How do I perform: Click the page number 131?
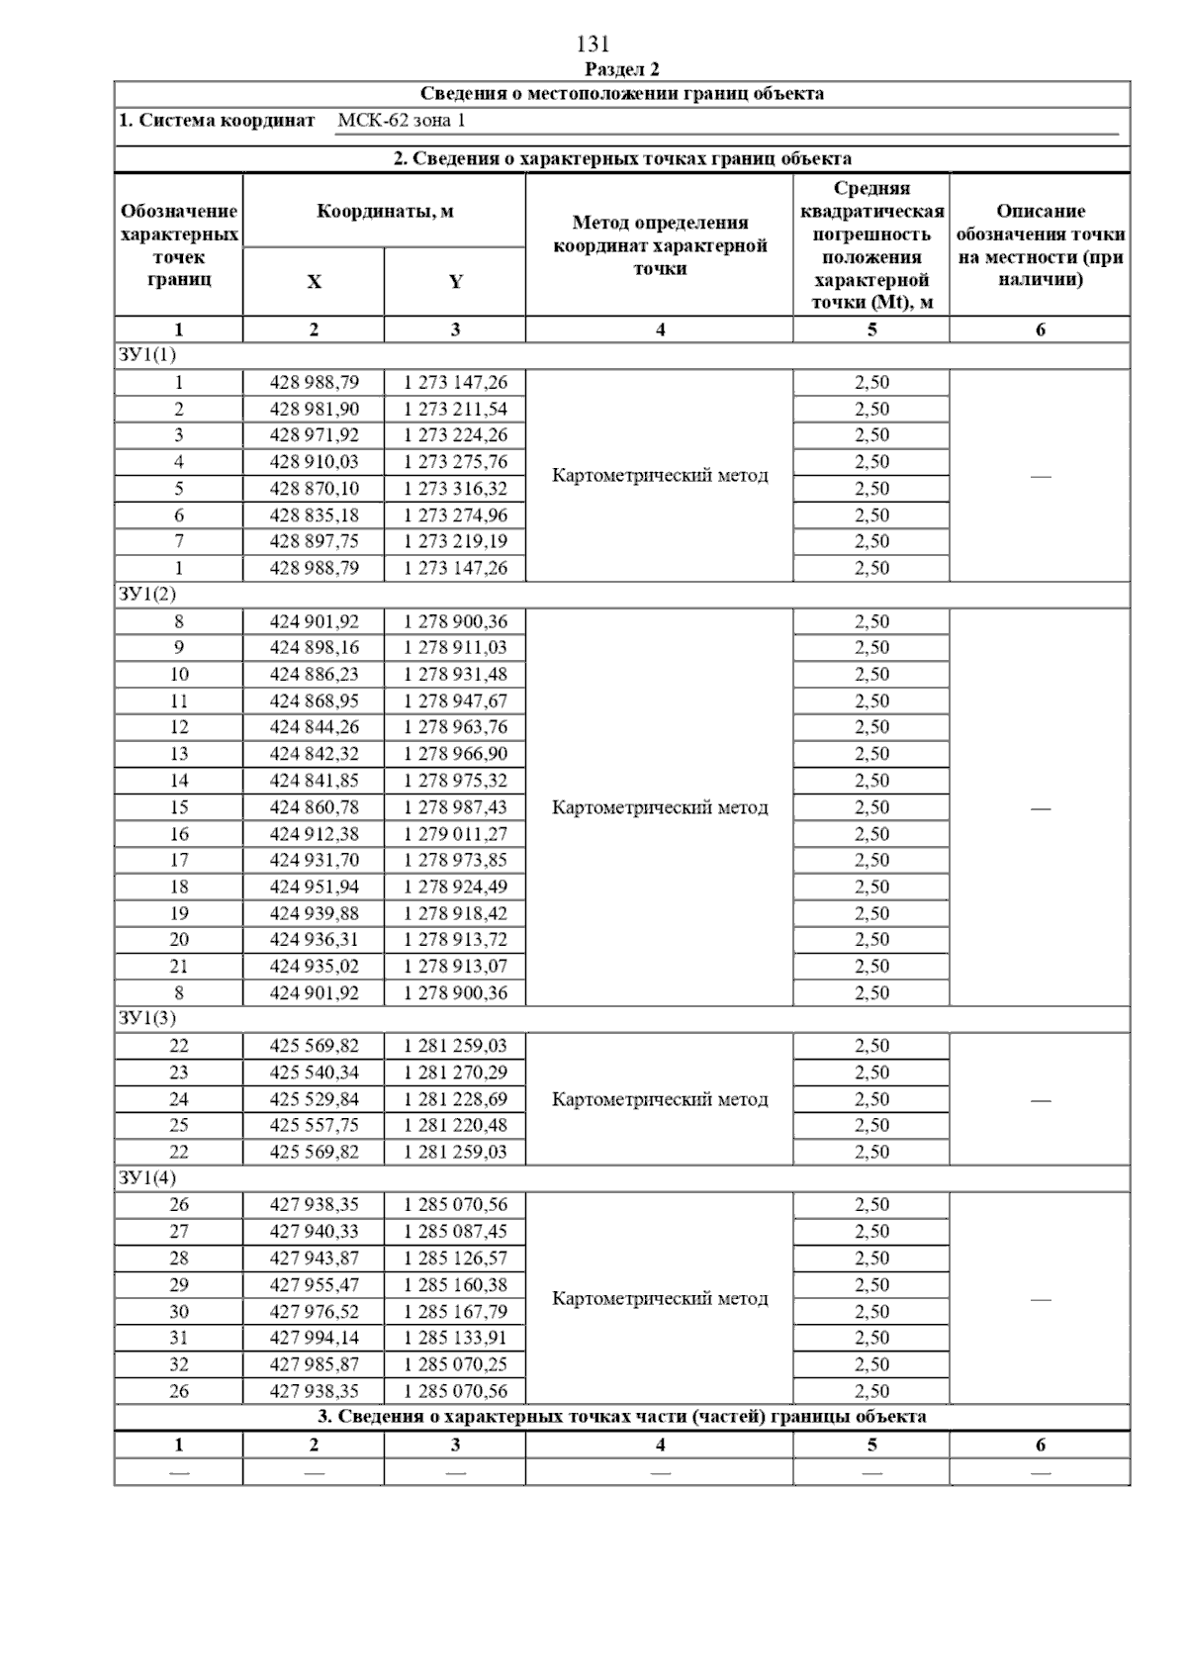(x=593, y=45)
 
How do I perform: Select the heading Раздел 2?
(x=621, y=69)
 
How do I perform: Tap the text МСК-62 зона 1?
(x=401, y=121)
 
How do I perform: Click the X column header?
(x=314, y=282)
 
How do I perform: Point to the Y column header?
(x=455, y=282)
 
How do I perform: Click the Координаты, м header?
(x=385, y=212)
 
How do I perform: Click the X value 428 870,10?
(x=315, y=489)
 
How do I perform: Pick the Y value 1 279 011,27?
(x=455, y=834)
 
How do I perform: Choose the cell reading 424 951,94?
(x=315, y=887)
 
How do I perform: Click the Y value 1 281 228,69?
(x=455, y=1099)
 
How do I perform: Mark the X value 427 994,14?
(x=315, y=1338)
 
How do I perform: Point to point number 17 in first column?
(x=179, y=861)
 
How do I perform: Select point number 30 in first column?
(x=179, y=1312)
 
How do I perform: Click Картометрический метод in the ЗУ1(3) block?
(x=660, y=1099)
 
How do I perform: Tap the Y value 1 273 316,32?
(x=455, y=489)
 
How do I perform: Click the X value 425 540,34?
(x=315, y=1073)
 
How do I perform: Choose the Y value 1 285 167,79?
(x=455, y=1312)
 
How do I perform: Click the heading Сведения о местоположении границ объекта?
(x=621, y=95)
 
